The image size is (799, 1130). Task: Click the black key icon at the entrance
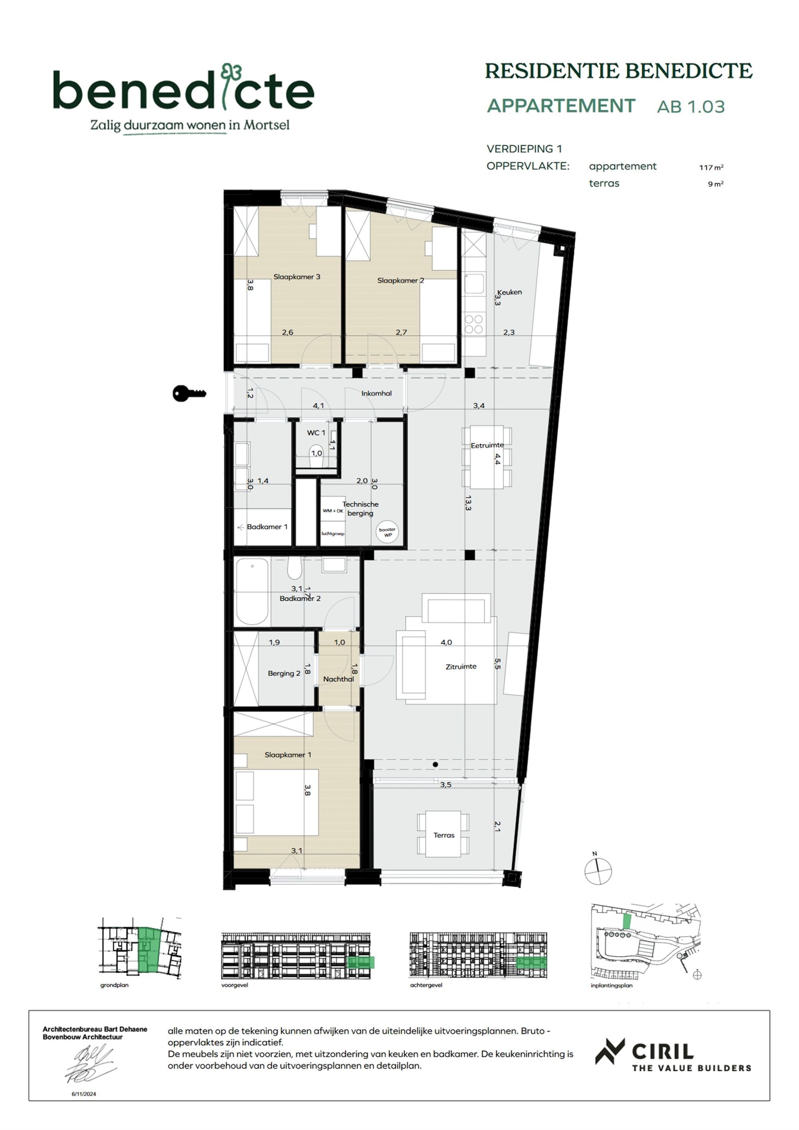coord(189,393)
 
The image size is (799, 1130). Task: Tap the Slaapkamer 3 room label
coord(297,277)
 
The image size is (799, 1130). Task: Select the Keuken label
coord(509,292)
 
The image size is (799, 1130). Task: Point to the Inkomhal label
coord(376,393)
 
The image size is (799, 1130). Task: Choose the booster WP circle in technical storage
coord(388,532)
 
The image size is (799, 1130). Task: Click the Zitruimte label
coord(461,666)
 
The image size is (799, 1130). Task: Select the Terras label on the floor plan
coord(444,835)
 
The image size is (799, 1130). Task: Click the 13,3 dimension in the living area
coord(468,502)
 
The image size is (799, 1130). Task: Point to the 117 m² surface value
coord(711,167)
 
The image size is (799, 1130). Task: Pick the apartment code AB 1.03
coord(691,107)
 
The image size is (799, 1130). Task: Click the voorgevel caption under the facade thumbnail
coord(235,985)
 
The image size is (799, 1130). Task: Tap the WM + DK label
coord(333,511)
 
